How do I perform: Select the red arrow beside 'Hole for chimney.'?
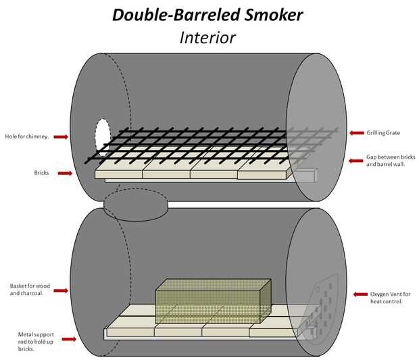61,137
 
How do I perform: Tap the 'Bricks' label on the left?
42,173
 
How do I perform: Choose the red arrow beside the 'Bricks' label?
65,173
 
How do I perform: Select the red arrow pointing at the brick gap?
356,160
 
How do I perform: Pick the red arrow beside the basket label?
60,291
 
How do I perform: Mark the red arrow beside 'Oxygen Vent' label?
360,294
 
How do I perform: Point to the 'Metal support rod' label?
34,341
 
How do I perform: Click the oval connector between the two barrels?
135,204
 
